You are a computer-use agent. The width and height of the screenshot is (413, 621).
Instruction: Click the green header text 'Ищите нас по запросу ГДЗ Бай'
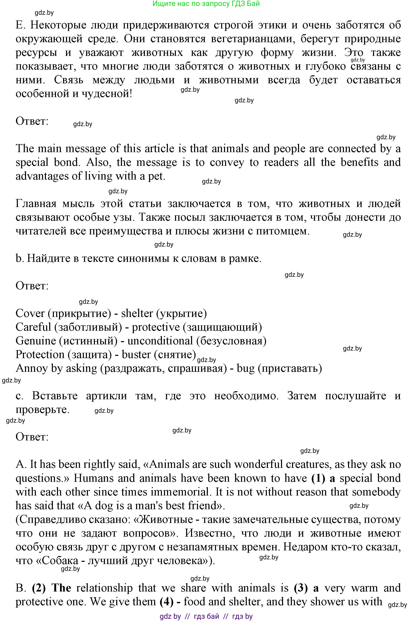pos(206,4)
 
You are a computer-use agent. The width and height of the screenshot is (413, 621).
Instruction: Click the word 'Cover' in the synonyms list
pos(30,313)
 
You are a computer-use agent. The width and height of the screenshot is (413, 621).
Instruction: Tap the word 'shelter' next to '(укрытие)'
pos(137,313)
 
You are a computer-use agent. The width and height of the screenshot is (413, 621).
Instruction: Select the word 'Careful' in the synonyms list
pos(33,327)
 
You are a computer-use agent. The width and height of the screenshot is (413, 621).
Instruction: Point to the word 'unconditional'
pos(160,341)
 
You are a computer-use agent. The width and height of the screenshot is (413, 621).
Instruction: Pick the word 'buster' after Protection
pos(137,354)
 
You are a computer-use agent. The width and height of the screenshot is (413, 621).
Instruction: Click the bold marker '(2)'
pos(39,588)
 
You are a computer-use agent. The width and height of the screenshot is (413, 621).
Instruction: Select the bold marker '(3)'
pos(300,588)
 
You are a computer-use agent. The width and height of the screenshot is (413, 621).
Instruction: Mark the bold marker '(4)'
pos(167,602)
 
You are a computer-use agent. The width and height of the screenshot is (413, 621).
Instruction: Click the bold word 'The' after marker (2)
pos(61,588)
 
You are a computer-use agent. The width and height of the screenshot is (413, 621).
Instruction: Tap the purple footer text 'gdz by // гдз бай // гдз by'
pos(206,616)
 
